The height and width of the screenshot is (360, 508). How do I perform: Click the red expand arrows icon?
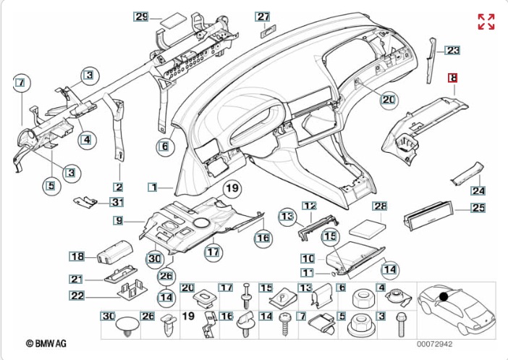coord(486,22)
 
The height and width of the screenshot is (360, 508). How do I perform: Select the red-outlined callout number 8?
coord(452,78)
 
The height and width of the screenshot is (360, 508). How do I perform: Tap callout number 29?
coord(141,17)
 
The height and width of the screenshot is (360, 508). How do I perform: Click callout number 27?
coord(263,17)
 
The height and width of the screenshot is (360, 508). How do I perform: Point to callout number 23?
coord(452,50)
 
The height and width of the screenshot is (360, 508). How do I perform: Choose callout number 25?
coord(478,208)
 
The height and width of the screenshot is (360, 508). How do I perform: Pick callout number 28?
coord(380,206)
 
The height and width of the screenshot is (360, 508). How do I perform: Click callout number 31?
coord(117,202)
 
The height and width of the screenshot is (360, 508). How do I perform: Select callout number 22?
coord(77,296)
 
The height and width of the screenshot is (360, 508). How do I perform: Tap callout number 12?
coord(310,206)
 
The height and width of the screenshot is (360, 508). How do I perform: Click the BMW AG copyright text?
coord(46,343)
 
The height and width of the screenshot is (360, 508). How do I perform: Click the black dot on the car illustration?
coord(444,296)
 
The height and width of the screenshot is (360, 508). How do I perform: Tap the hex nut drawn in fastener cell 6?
coord(364,298)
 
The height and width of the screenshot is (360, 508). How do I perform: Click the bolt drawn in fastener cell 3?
coord(400,325)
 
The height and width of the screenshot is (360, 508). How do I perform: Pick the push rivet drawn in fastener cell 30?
coord(127,325)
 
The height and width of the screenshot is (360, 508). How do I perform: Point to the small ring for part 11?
coord(334,274)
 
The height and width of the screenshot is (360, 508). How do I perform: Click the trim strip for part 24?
coord(467,174)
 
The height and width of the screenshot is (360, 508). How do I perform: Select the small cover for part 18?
coord(115,252)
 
